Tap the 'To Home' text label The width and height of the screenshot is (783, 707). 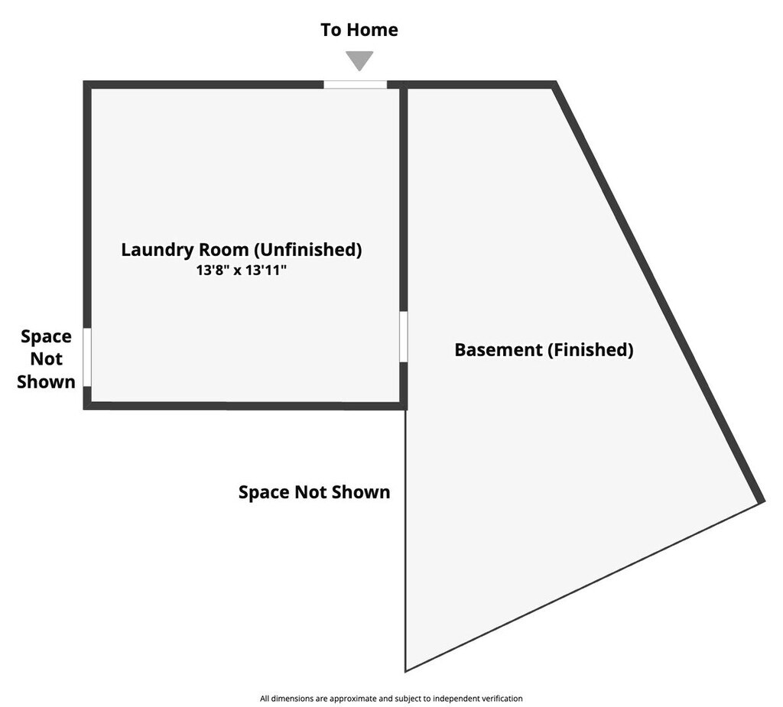[x=359, y=30]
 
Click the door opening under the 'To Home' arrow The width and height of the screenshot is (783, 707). [x=355, y=84]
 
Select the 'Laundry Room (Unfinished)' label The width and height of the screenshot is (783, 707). [x=241, y=249]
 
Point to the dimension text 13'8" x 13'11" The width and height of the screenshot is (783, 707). [x=241, y=270]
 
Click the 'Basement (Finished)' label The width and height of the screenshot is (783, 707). [x=544, y=350]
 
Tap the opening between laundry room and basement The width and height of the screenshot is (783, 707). [x=403, y=336]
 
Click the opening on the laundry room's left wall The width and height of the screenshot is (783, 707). [x=87, y=357]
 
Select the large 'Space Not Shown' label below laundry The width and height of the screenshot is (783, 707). [x=314, y=492]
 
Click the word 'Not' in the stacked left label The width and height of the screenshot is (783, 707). [x=46, y=358]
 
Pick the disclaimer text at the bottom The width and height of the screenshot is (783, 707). [x=391, y=698]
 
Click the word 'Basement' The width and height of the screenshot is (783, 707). [x=498, y=350]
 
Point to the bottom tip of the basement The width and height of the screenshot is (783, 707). [x=406, y=670]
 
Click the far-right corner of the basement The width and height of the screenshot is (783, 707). [x=761, y=501]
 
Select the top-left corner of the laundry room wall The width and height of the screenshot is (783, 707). [x=87, y=85]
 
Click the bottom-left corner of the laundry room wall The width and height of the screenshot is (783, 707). [x=87, y=405]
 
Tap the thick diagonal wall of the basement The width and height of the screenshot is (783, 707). [x=658, y=290]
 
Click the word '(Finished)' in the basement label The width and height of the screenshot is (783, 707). [x=590, y=350]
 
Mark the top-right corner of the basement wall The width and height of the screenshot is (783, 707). [x=553, y=85]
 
